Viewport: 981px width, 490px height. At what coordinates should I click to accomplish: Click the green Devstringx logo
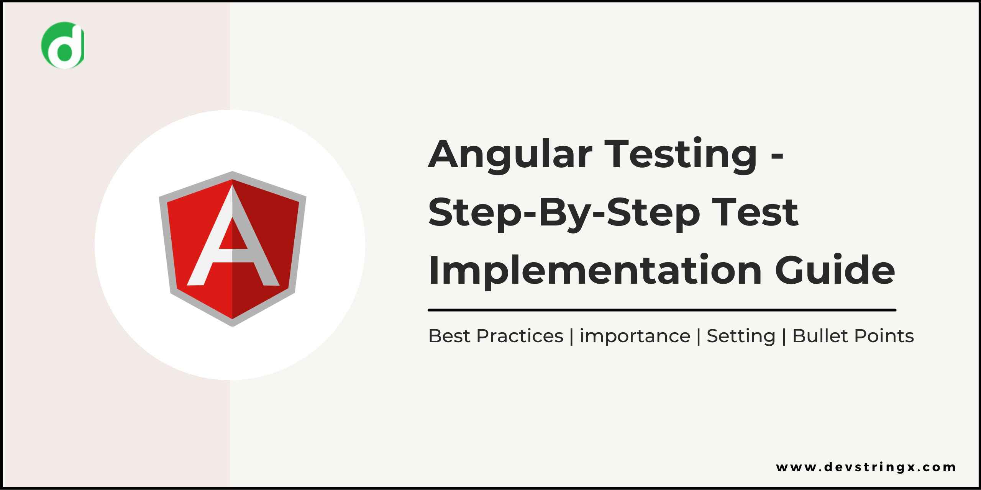pyautogui.click(x=62, y=45)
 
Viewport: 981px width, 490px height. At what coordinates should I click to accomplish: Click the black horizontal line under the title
pyautogui.click(x=662, y=310)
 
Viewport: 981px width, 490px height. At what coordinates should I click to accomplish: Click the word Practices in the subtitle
pyautogui.click(x=520, y=336)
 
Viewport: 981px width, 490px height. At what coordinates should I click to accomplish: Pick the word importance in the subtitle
pyautogui.click(x=635, y=336)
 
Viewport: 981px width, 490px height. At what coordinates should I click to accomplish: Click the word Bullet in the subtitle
pyautogui.click(x=819, y=336)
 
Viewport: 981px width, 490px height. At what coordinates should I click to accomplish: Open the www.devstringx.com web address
pyautogui.click(x=866, y=467)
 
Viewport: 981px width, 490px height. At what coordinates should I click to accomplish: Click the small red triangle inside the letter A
pyautogui.click(x=232, y=235)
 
